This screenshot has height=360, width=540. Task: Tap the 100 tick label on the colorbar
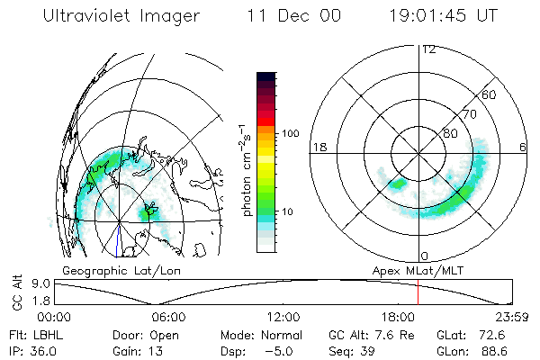290,133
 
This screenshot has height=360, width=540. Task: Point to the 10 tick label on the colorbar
292,211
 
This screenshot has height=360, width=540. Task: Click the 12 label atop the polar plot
428,49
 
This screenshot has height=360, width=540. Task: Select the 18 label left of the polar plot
318,147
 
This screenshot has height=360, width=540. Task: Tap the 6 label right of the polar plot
524,147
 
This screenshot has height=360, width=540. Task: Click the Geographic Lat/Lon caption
105,270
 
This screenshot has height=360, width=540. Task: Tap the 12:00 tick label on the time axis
283,317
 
